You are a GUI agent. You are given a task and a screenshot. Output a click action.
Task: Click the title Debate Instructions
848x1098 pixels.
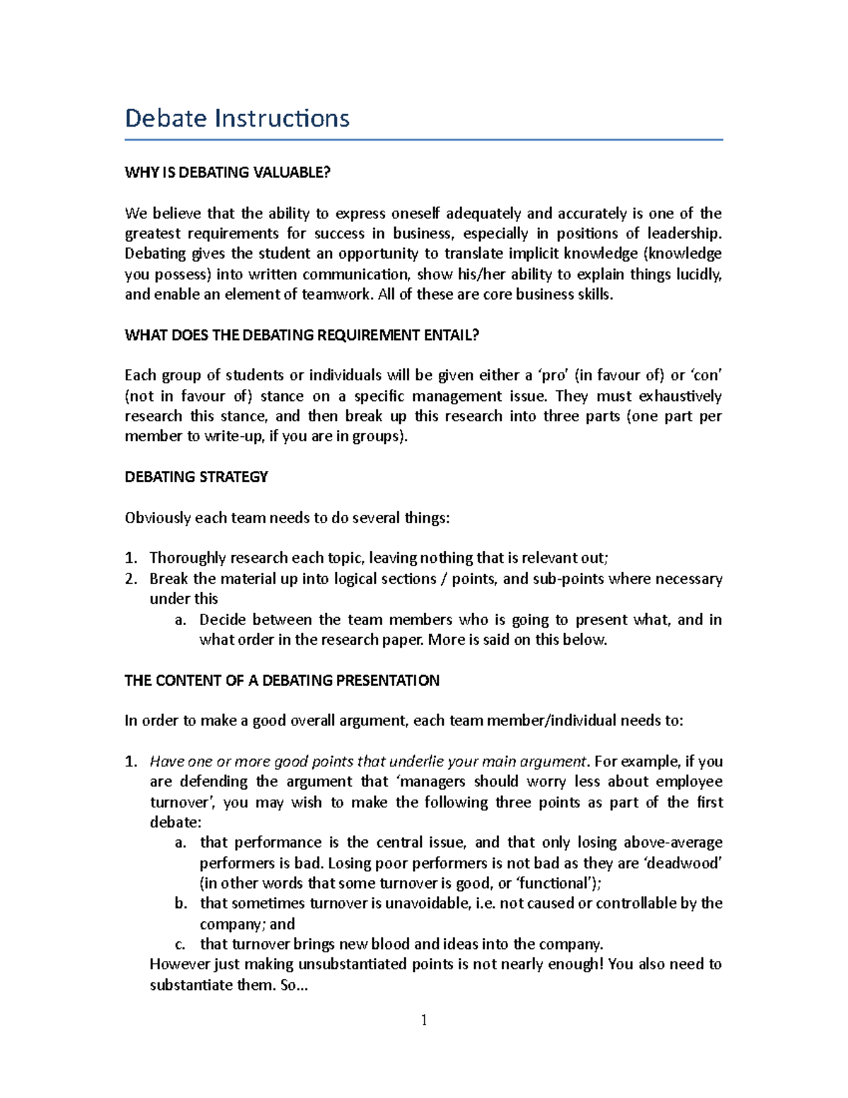pyautogui.click(x=237, y=118)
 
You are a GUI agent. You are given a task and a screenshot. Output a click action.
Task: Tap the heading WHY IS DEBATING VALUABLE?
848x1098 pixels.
pyautogui.click(x=227, y=173)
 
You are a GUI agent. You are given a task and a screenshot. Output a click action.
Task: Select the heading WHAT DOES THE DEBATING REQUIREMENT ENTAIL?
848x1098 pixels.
pyautogui.click(x=302, y=335)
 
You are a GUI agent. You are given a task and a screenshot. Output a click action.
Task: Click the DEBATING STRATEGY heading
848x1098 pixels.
pyautogui.click(x=196, y=477)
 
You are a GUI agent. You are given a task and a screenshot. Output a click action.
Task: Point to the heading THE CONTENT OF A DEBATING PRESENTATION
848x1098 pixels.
pyautogui.click(x=281, y=681)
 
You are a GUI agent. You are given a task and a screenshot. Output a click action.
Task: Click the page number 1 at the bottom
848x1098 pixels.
pyautogui.click(x=424, y=1020)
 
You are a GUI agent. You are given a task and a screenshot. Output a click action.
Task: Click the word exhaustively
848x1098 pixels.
pyautogui.click(x=680, y=396)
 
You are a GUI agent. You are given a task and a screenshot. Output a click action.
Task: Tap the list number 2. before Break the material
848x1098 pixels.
pyautogui.click(x=131, y=579)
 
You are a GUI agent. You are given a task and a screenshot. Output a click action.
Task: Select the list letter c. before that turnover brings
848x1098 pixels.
pyautogui.click(x=180, y=945)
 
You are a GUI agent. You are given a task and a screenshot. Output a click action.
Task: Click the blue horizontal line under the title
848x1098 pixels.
pyautogui.click(x=423, y=140)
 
